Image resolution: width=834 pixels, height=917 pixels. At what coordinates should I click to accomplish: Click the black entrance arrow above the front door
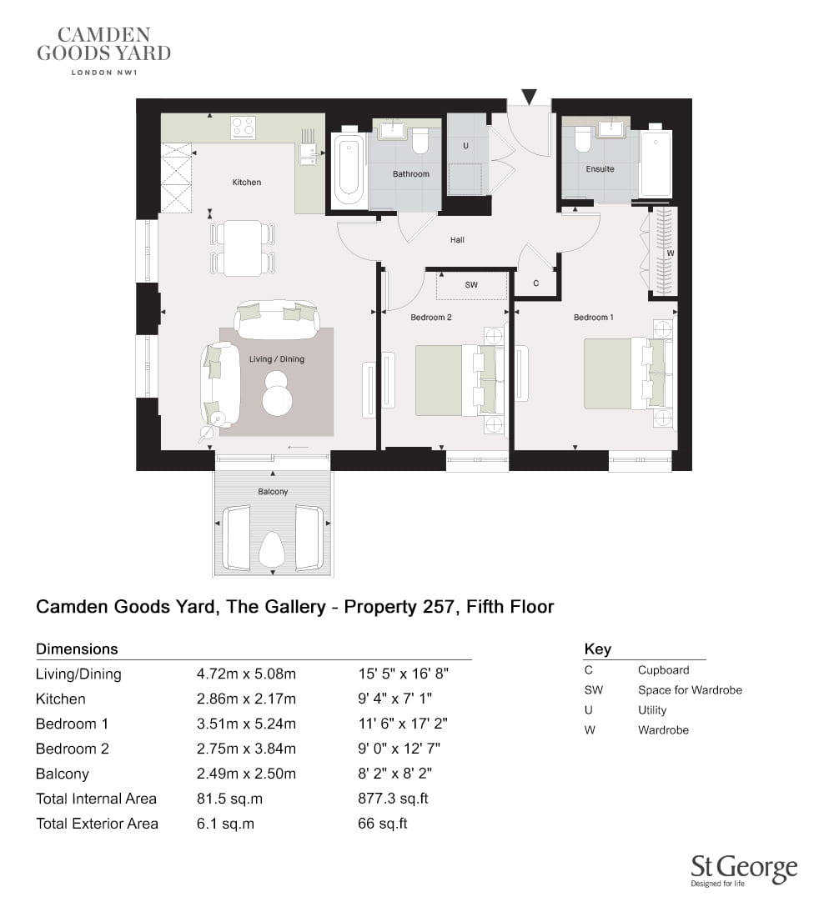(x=529, y=97)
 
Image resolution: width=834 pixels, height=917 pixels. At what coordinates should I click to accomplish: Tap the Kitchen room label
(x=246, y=183)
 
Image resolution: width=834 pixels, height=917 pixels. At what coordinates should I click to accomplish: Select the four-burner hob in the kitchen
(x=243, y=128)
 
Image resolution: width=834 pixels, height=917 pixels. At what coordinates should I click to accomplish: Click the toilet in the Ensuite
(x=582, y=140)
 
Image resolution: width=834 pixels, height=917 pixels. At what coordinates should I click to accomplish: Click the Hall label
(x=457, y=240)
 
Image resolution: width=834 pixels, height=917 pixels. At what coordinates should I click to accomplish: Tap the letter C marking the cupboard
(x=535, y=283)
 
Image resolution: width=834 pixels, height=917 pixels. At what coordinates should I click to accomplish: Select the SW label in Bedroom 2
(x=471, y=285)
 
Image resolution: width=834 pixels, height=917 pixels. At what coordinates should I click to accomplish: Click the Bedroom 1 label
(x=594, y=318)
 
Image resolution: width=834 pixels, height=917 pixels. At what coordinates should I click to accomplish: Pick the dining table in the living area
(x=243, y=248)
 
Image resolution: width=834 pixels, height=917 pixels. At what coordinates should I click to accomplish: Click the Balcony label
(x=273, y=492)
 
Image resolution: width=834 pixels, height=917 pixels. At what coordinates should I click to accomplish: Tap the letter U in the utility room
(x=466, y=146)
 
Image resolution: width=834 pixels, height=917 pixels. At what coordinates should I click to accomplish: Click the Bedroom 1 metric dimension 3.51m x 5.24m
(x=246, y=724)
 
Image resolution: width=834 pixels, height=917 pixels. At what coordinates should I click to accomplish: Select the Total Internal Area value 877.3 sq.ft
(x=394, y=799)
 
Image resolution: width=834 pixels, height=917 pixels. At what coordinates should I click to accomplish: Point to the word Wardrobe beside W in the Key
(x=663, y=730)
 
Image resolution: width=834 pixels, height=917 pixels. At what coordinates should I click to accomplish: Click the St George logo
(x=744, y=871)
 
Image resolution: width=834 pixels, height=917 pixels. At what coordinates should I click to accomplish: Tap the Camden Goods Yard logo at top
(x=104, y=52)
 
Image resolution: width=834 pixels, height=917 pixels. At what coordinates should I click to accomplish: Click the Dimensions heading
(x=77, y=649)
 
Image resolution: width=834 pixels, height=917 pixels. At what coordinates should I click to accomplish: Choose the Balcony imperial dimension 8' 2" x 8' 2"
(x=395, y=774)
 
